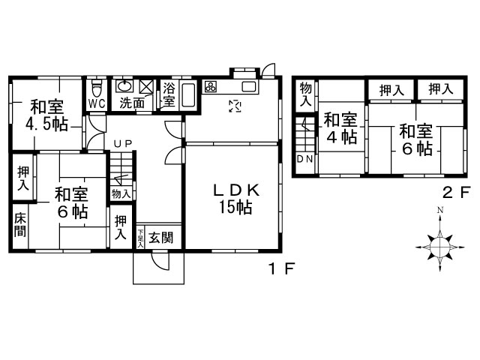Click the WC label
click(x=97, y=103)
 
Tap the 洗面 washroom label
click(x=132, y=103)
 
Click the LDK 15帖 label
click(x=234, y=199)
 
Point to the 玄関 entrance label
click(x=160, y=238)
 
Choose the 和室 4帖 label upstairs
click(x=340, y=128)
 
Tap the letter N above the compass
click(x=441, y=210)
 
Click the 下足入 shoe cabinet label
click(x=140, y=238)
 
